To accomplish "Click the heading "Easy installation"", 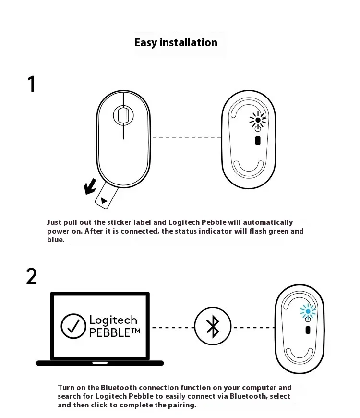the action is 176,42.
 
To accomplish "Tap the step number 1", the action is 32,84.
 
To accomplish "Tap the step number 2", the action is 31,276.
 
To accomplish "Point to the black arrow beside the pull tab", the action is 90,187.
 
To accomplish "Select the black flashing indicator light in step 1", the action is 258,120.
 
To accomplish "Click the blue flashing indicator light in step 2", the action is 308,312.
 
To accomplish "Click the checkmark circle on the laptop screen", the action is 73,326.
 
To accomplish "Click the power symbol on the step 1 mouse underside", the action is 258,128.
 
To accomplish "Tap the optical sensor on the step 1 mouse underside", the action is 257,141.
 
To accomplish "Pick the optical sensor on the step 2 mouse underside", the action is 307,330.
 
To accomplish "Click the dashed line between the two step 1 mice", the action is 187,138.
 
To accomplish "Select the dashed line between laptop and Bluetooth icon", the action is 172,328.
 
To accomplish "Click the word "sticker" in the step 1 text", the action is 117,222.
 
